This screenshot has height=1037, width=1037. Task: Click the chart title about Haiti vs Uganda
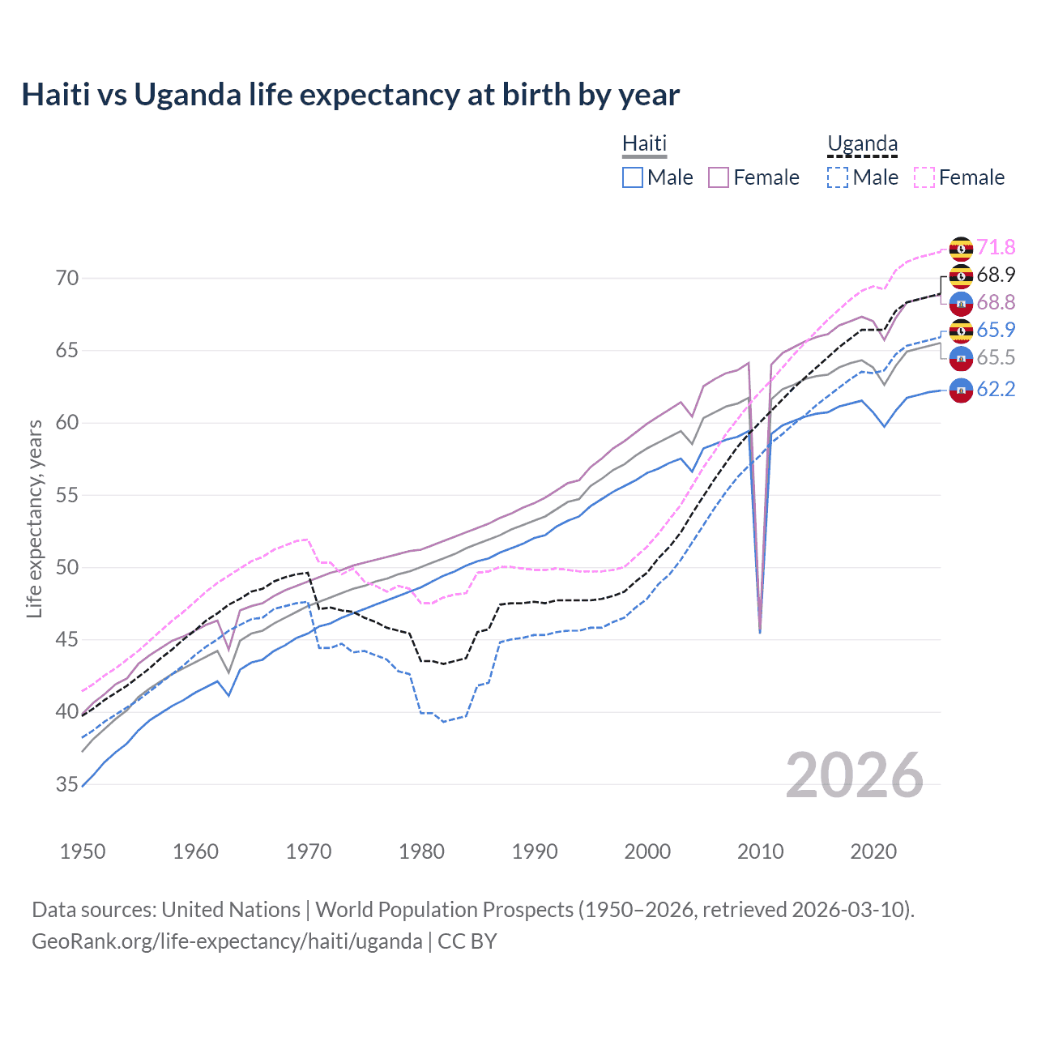[350, 95]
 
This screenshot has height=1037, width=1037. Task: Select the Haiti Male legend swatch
[633, 177]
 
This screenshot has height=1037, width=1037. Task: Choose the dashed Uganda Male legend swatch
[838, 177]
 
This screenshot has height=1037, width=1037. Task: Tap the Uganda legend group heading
[862, 144]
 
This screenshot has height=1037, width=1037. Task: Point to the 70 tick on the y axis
[67, 279]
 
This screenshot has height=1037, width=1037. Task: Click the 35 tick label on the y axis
[67, 784]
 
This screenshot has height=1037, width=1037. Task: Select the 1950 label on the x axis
[83, 851]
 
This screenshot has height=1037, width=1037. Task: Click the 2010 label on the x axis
[760, 851]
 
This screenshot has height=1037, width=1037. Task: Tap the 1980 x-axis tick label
[421, 851]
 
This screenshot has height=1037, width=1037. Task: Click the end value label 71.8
[996, 247]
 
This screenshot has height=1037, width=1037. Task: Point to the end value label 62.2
[996, 390]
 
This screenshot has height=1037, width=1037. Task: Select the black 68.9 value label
[996, 275]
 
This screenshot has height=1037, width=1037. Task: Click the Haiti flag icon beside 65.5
[961, 358]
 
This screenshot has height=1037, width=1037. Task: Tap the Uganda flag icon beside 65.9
[961, 331]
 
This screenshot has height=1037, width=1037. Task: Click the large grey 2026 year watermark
[855, 775]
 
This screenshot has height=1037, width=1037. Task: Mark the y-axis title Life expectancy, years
[35, 518]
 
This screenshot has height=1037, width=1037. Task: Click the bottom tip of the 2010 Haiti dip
[760, 632]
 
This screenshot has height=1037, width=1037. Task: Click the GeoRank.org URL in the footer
[227, 941]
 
